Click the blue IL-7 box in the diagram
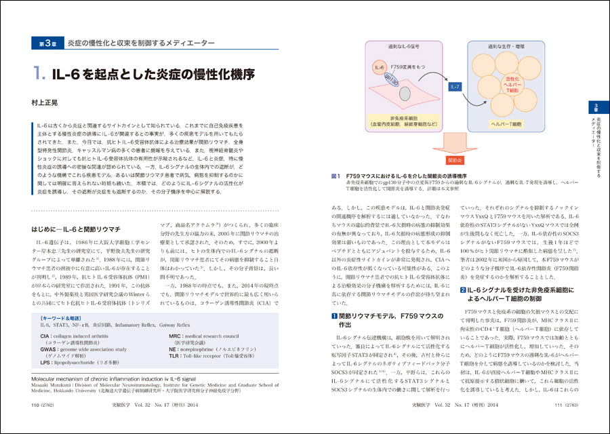point(455,87)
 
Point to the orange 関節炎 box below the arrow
point(454,161)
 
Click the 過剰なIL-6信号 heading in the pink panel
point(391,47)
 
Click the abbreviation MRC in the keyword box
point(176,336)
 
